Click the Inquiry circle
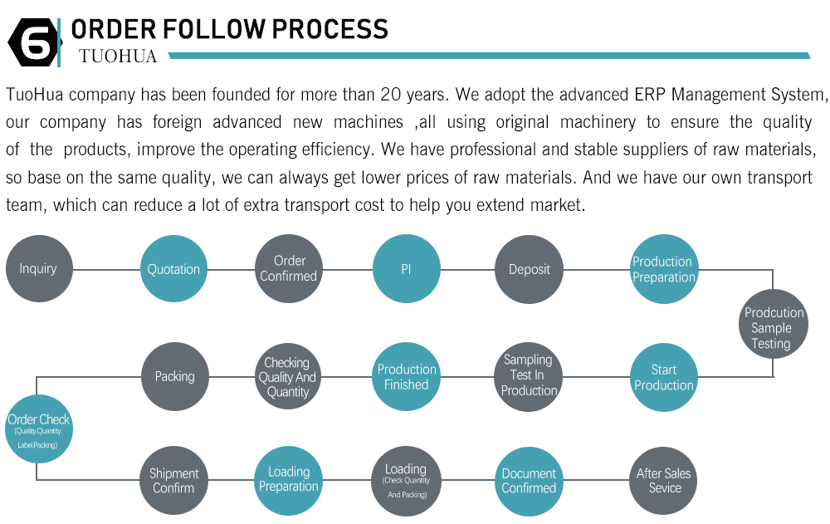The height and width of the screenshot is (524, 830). (x=39, y=268)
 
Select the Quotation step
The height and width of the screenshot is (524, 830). (x=173, y=268)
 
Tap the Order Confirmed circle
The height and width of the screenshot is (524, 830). (x=289, y=268)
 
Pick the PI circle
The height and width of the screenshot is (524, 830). (x=407, y=268)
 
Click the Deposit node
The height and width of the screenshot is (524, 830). (x=529, y=269)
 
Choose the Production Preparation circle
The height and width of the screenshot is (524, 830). (x=664, y=269)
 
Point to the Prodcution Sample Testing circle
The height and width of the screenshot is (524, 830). (x=774, y=324)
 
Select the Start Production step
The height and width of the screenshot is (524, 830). (x=664, y=377)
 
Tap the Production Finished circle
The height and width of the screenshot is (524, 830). (x=407, y=376)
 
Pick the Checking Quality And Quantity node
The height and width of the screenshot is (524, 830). (x=287, y=377)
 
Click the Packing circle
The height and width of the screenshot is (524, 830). (x=174, y=376)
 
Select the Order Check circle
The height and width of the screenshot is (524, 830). (x=39, y=429)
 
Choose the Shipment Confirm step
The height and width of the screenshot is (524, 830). (x=173, y=481)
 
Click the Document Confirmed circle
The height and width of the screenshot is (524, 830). (x=529, y=481)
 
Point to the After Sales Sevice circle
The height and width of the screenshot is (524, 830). (x=663, y=481)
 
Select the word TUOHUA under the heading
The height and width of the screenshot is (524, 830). (x=118, y=56)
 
